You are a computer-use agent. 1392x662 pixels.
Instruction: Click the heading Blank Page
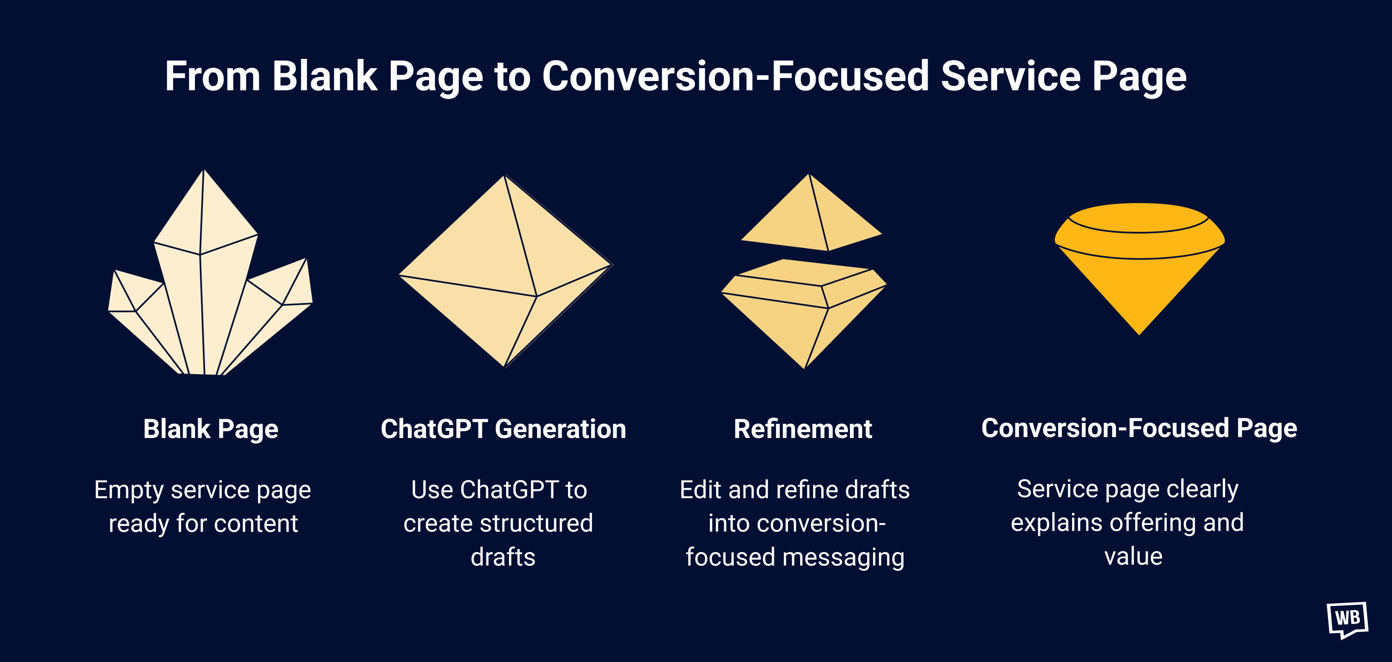(x=211, y=429)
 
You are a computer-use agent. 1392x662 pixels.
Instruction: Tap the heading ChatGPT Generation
(x=503, y=429)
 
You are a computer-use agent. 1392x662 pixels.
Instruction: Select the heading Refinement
(x=803, y=429)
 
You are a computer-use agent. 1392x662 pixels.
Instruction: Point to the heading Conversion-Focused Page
(x=1139, y=428)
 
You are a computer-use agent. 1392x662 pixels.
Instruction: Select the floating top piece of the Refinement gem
(x=811, y=219)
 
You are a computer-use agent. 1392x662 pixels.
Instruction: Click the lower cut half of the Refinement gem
(x=804, y=313)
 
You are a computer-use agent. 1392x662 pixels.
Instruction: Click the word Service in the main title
(x=1011, y=76)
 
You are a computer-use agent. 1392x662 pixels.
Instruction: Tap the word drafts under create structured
(x=502, y=557)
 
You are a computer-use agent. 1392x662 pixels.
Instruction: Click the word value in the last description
(x=1133, y=557)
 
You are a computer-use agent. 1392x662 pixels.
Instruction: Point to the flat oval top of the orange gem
(x=1139, y=218)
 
